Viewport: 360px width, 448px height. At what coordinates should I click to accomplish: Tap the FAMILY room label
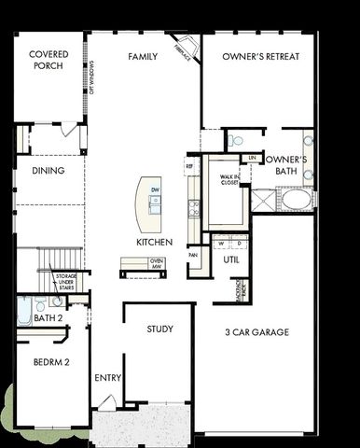[x=143, y=57]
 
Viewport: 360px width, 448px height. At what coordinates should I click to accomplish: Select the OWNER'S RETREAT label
[x=261, y=57]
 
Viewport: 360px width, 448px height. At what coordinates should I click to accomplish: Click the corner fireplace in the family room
[x=187, y=49]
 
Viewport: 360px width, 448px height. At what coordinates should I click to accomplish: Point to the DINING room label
[x=47, y=171]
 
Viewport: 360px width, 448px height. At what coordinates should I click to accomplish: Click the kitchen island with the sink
[x=148, y=203]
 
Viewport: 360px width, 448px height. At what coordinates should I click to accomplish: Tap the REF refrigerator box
[x=189, y=165]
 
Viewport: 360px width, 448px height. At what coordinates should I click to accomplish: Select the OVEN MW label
[x=157, y=264]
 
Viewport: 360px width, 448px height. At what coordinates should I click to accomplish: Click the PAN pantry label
[x=193, y=254]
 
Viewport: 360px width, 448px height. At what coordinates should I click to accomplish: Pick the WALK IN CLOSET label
[x=230, y=179]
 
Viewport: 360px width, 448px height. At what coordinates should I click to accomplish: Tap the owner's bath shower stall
[x=264, y=199]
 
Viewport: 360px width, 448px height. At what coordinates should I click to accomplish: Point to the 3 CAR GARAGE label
[x=256, y=331]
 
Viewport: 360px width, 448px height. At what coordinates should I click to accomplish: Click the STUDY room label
[x=160, y=329]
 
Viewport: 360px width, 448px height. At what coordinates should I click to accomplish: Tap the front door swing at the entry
[x=108, y=402]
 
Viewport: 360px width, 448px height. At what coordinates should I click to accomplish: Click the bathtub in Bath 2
[x=25, y=311]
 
